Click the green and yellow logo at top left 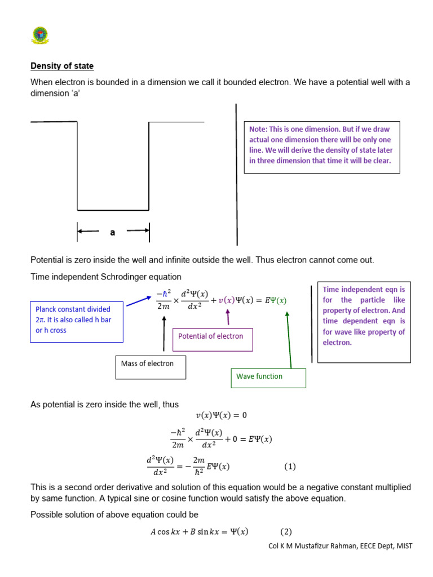(39, 35)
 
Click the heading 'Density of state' (62, 66)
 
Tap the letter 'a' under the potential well (113, 232)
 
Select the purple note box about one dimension (321, 147)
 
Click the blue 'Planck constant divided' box (76, 320)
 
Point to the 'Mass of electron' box (150, 367)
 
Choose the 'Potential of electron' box (213, 339)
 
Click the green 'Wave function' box (268, 378)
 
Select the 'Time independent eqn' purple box (364, 322)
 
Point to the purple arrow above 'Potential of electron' (228, 318)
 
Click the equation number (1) (289, 467)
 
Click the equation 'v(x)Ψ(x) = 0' (221, 416)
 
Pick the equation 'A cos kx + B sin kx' (198, 532)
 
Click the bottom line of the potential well (113, 210)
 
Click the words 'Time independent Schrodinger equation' (106, 277)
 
